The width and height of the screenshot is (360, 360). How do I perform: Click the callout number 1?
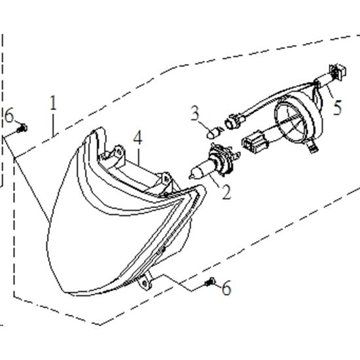click(53, 103)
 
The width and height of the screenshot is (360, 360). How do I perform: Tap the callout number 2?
click(226, 192)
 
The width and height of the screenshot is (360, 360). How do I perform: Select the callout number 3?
click(194, 113)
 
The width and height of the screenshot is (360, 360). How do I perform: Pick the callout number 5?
click(337, 107)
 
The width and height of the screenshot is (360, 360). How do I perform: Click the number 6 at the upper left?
click(9, 115)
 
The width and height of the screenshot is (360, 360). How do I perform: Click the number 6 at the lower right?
click(226, 288)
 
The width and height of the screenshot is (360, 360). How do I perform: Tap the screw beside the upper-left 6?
click(22, 128)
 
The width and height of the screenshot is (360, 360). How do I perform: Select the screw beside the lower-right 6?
click(210, 281)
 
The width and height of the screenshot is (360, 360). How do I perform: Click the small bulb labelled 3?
click(211, 134)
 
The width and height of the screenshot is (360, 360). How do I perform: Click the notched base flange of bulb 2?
click(223, 160)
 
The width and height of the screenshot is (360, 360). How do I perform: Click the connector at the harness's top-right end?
click(338, 72)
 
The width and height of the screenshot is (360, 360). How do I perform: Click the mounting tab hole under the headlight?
click(145, 283)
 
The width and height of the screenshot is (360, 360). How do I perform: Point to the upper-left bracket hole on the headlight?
click(119, 152)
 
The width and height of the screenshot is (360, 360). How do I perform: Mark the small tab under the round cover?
click(312, 146)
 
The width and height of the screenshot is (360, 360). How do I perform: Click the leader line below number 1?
click(53, 126)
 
